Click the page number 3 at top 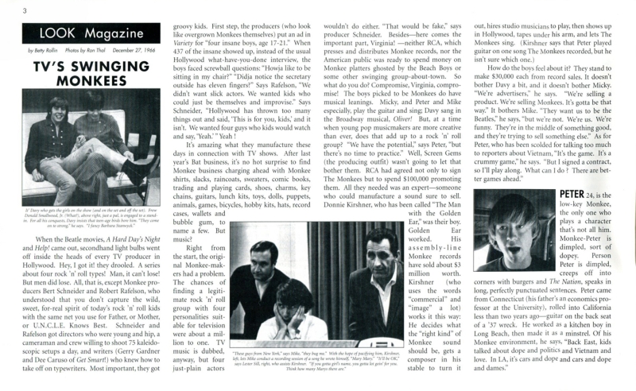(x=5, y=10)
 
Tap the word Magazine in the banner (x=104, y=34)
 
